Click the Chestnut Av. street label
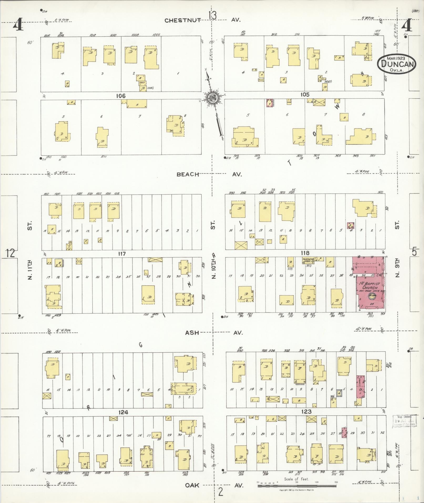(x=202, y=20)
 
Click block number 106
(x=120, y=96)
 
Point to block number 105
(x=305, y=95)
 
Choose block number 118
(x=305, y=253)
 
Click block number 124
(x=123, y=412)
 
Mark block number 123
(x=306, y=411)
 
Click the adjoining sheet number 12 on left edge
(x=11, y=253)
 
